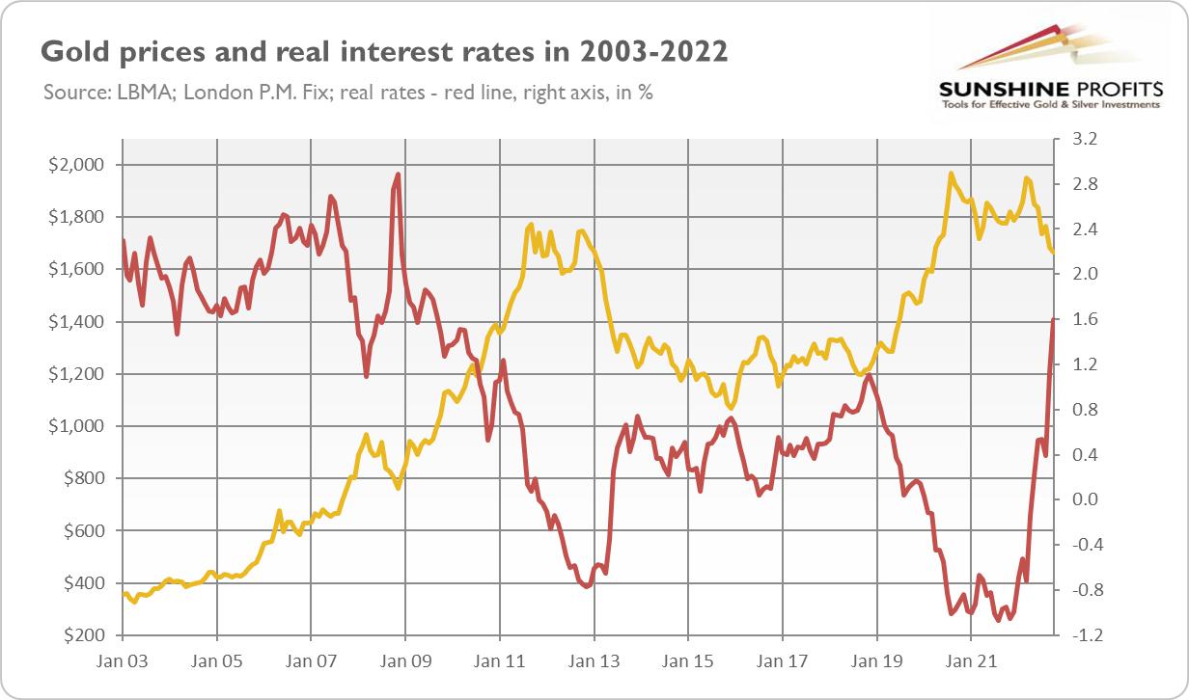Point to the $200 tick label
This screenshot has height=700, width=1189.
click(74, 635)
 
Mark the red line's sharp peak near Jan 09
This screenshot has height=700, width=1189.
click(398, 175)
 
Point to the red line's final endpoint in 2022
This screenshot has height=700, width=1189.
click(1053, 319)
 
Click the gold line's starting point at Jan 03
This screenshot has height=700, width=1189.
click(124, 594)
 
